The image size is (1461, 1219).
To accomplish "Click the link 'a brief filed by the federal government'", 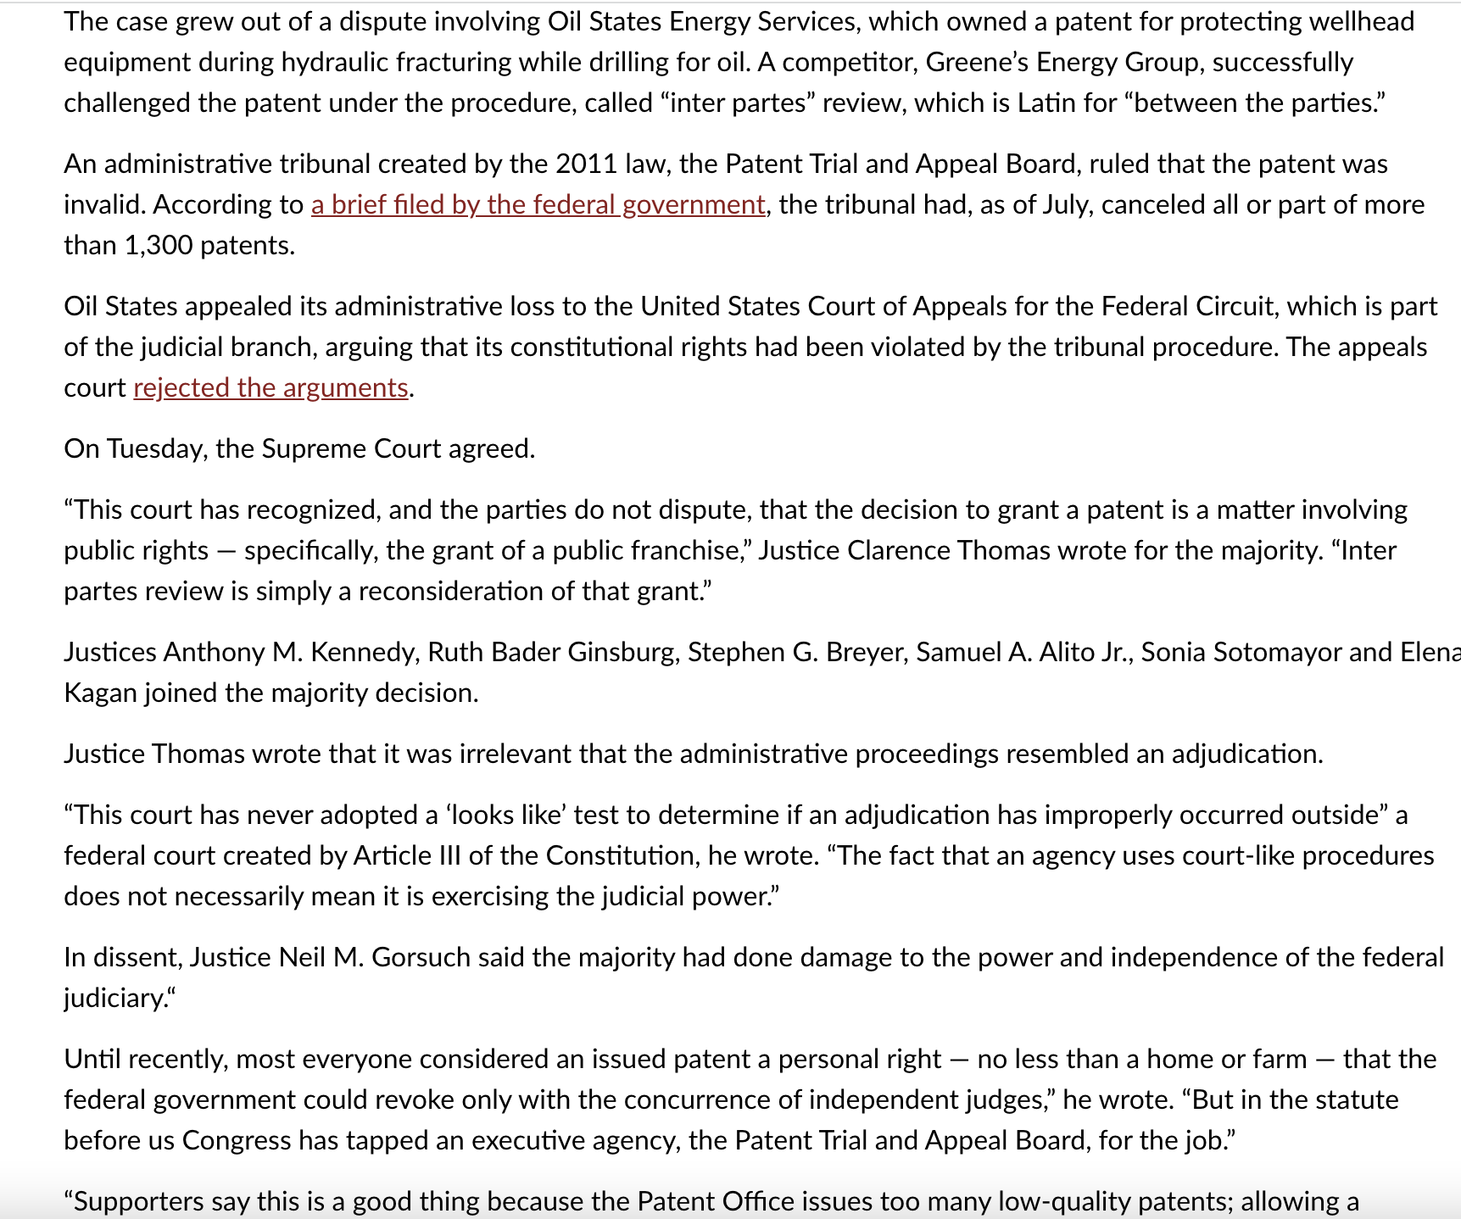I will click(538, 205).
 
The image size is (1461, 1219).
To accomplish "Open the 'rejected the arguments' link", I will click(270, 388).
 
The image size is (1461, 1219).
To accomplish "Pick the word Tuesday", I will click(156, 449).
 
